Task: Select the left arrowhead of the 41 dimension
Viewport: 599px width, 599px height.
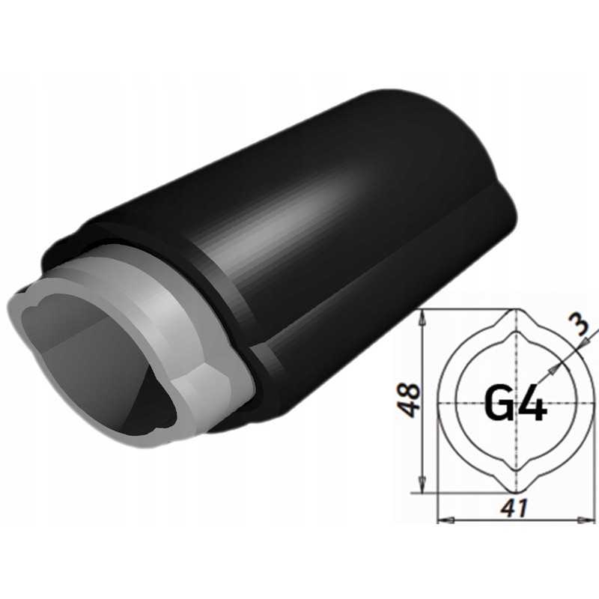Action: coord(443,519)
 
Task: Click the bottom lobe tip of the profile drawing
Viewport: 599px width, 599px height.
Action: coord(516,493)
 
